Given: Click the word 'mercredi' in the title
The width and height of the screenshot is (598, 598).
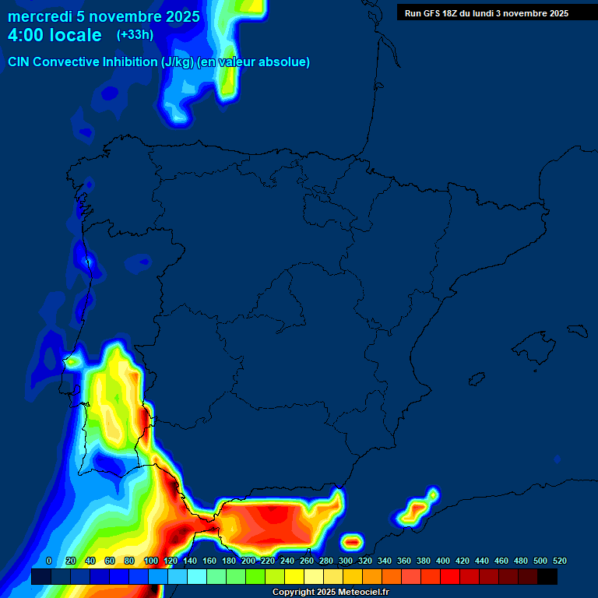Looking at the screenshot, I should pos(39,16).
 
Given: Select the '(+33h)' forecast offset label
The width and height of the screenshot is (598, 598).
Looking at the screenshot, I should pos(135,35).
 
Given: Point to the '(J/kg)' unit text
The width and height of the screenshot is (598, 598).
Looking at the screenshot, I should pos(178,62).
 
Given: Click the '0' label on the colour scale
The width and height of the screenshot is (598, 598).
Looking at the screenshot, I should pos(49,561).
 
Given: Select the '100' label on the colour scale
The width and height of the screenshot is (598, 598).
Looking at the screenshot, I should pos(151,561).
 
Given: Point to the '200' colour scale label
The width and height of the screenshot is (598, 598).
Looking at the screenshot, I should pos(248,561).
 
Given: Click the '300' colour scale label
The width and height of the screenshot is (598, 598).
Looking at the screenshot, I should pos(346,561).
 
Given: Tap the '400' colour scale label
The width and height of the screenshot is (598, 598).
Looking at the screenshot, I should pos(443,561).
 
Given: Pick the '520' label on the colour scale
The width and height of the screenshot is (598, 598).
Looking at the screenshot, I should pos(559,561).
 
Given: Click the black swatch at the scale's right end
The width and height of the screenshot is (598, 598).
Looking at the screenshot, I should pos(547,576).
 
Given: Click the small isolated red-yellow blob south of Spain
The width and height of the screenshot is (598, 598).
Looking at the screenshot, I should pos(352,540).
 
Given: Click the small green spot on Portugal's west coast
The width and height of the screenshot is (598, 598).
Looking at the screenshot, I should pos(72,361).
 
